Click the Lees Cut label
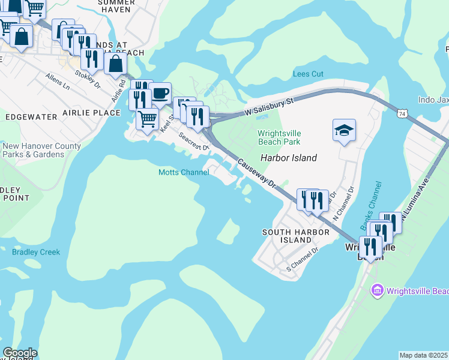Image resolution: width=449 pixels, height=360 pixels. click(308, 74)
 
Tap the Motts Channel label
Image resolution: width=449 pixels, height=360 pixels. click(184, 173)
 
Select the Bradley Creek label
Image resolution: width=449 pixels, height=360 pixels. click(36, 252)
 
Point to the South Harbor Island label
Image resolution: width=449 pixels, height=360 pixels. click(296, 236)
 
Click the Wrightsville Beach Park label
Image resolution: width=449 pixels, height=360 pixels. click(279, 137)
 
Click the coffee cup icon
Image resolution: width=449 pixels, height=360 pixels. click(160, 94)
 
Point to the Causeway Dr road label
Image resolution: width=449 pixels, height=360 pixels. click(256, 172)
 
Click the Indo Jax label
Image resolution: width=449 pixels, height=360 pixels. click(433, 100)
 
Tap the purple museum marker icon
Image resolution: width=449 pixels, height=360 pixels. click(378, 292)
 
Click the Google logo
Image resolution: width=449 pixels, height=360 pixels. click(20, 353)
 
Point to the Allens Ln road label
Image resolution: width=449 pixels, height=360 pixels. click(58, 82)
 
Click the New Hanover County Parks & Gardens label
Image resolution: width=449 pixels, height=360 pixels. click(41, 150)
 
